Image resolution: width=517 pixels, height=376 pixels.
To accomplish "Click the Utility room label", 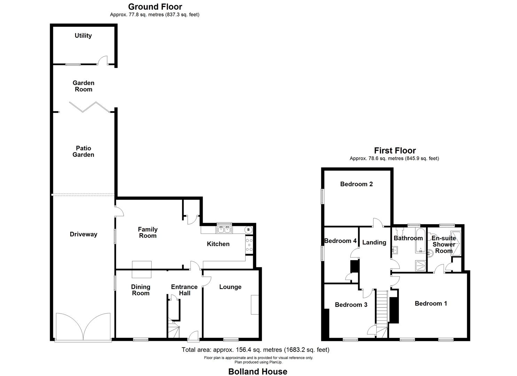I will click(83, 36).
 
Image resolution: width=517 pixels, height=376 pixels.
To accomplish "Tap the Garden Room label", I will click(84, 86).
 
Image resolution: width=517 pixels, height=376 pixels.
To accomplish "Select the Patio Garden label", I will click(83, 151).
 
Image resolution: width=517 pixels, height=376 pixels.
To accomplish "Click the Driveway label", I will click(84, 234).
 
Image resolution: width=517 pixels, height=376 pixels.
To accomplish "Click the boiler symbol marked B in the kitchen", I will click(248, 230).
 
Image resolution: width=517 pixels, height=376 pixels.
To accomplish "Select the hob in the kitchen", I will click(249, 244).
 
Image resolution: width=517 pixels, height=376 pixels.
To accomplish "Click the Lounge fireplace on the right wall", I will click(255, 305).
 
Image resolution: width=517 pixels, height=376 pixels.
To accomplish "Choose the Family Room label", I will click(148, 233).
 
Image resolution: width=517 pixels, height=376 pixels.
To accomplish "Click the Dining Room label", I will click(141, 290).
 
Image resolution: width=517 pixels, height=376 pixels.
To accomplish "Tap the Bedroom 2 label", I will click(357, 184).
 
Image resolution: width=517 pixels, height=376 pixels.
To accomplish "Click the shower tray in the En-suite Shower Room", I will click(456, 243).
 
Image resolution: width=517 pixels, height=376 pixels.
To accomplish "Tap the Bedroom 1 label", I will click(431, 304).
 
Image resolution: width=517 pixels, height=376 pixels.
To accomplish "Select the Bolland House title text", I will click(258, 371).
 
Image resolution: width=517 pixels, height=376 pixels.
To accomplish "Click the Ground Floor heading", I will click(155, 7).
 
